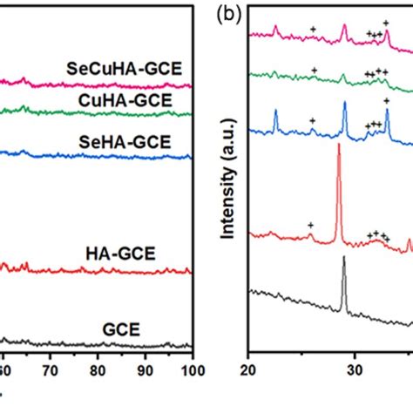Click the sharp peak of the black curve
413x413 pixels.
click(344, 259)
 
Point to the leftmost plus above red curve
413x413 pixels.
click(310, 226)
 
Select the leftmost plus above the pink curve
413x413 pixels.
click(313, 30)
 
